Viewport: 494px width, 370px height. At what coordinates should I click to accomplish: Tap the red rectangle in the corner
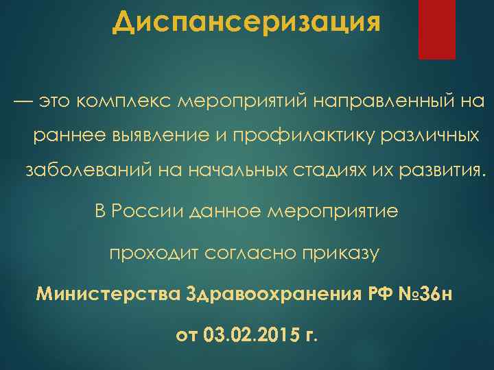click(x=436, y=29)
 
